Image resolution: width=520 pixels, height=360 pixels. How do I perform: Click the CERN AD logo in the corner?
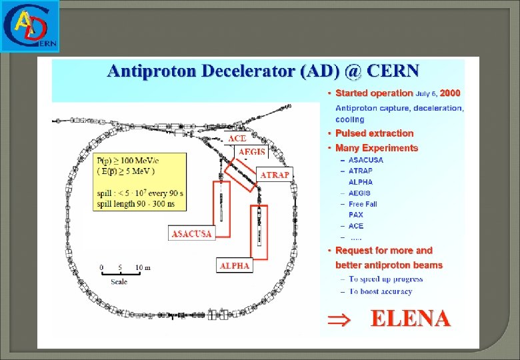click(x=30, y=26)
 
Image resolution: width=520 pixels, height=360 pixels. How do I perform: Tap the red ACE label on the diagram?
click(x=238, y=138)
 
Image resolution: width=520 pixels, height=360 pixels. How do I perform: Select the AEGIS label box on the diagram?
click(x=252, y=152)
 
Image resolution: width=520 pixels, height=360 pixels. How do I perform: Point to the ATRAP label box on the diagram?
click(x=275, y=175)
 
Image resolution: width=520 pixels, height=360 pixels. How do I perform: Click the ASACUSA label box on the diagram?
click(x=192, y=233)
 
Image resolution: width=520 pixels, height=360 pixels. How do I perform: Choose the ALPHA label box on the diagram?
click(x=235, y=265)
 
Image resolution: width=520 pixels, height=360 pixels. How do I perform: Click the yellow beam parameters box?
click(x=139, y=181)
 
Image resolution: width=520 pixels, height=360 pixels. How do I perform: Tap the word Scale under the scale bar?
click(x=119, y=281)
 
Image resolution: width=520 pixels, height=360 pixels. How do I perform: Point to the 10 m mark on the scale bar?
click(x=143, y=267)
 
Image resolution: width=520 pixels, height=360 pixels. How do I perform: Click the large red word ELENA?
click(x=410, y=319)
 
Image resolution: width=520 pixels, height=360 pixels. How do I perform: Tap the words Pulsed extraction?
click(x=374, y=133)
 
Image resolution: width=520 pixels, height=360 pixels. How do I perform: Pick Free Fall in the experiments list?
click(x=363, y=204)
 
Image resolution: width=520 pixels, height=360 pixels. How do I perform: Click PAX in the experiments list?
click(x=357, y=215)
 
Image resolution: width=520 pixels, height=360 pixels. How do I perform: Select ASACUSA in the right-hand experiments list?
click(x=366, y=160)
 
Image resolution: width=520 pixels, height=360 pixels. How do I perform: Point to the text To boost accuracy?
click(x=381, y=291)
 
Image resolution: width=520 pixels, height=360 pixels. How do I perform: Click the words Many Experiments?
click(x=377, y=148)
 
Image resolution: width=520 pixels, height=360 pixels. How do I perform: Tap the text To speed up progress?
click(x=385, y=279)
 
